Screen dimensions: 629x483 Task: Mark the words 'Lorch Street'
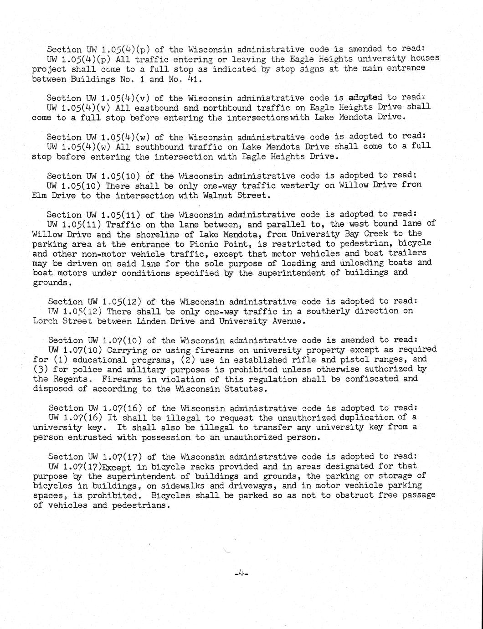(x=59, y=321)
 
